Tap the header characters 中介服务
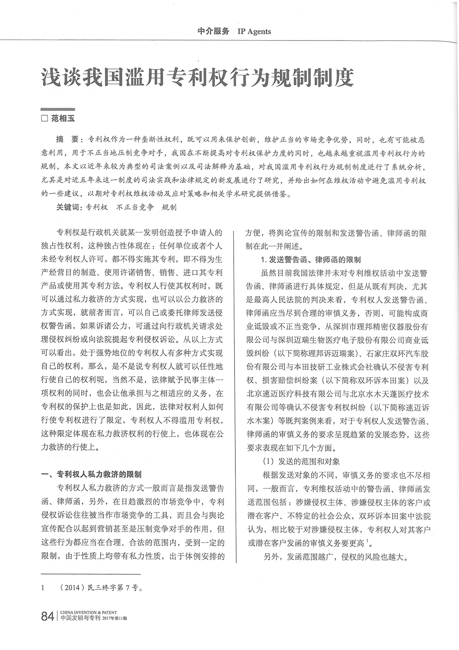pos(213,31)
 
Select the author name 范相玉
pos(63,119)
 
